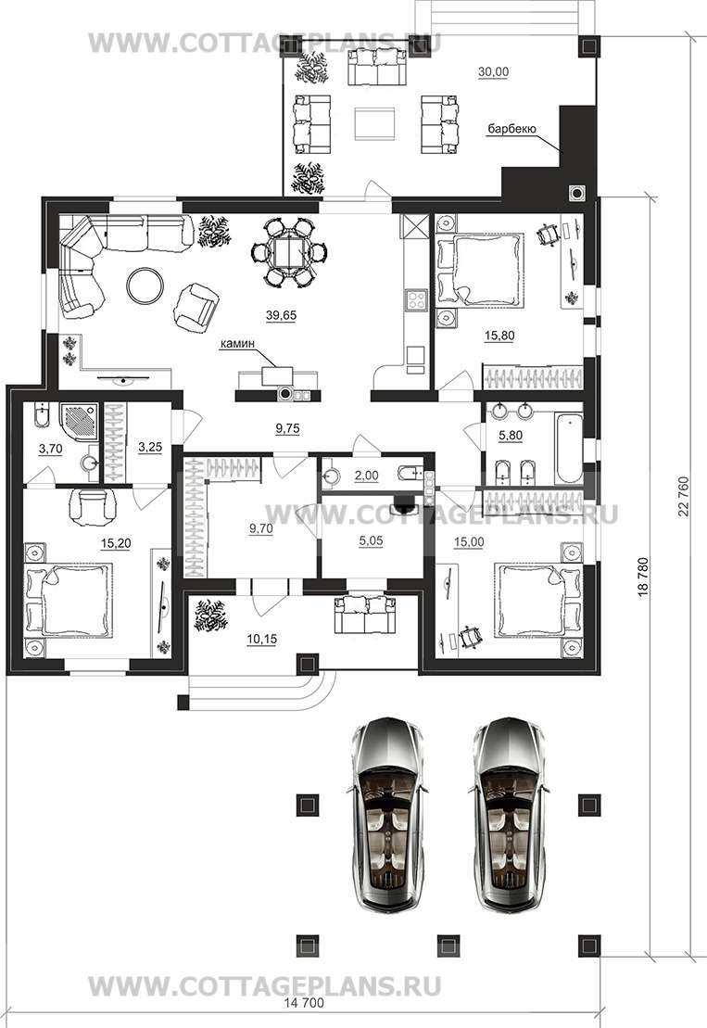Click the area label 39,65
281,315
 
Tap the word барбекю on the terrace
511,129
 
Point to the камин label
237,343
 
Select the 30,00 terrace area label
493,71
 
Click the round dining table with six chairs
290,252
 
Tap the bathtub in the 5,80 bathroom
568,447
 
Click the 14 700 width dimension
304,1003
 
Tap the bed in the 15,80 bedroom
481,269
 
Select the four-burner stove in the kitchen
416,299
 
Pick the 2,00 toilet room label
366,476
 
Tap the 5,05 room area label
371,541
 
